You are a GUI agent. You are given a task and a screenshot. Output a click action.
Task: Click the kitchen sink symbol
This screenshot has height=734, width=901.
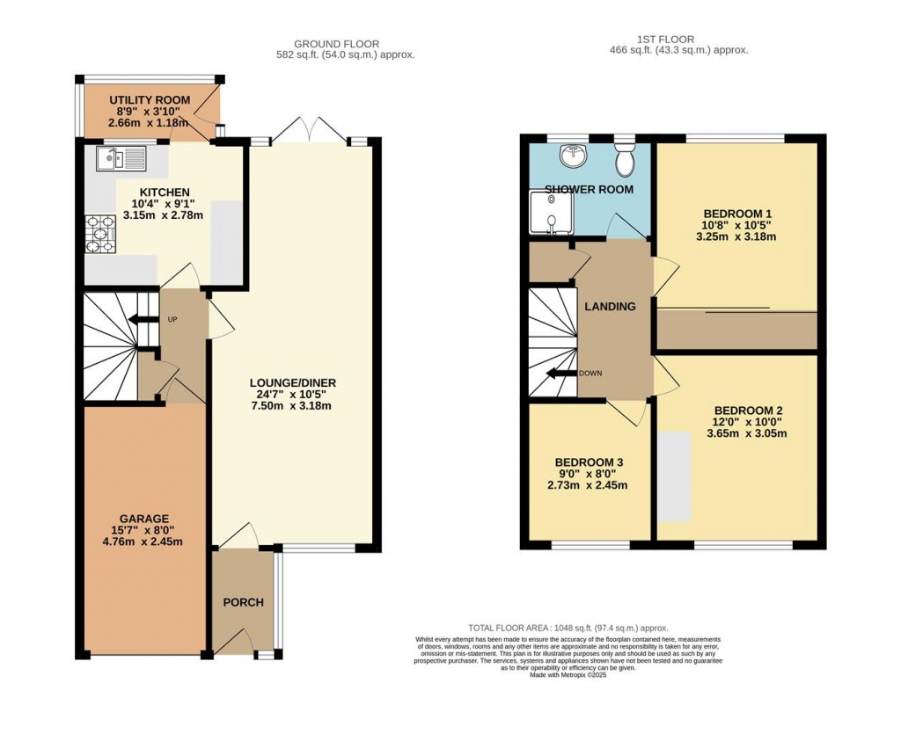[x=121, y=159]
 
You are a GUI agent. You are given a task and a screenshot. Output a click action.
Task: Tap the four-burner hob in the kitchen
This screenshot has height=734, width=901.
[x=100, y=235]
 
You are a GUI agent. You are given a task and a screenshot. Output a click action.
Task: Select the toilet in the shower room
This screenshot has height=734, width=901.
[x=626, y=161]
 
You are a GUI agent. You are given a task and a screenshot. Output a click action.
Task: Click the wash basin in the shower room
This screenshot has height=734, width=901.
[x=574, y=156]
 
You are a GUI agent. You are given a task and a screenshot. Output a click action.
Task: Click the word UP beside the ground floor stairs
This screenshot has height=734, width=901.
[x=172, y=319]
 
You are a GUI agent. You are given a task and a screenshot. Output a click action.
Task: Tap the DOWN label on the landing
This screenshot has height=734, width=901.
[x=590, y=373]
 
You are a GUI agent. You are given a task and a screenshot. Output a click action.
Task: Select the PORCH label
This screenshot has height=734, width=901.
[x=243, y=602]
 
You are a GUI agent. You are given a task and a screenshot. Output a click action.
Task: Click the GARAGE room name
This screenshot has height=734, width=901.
[x=145, y=518]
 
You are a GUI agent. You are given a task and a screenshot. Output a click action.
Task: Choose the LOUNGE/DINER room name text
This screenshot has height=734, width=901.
[x=293, y=382]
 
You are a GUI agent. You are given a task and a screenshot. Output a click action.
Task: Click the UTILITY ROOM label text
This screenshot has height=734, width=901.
[x=150, y=100]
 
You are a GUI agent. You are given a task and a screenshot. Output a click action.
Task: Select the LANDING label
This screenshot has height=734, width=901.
[x=610, y=307]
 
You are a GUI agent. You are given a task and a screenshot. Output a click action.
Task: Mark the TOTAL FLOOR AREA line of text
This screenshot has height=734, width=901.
[x=568, y=628]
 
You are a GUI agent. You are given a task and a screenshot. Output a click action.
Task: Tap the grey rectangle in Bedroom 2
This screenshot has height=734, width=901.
[x=675, y=476]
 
